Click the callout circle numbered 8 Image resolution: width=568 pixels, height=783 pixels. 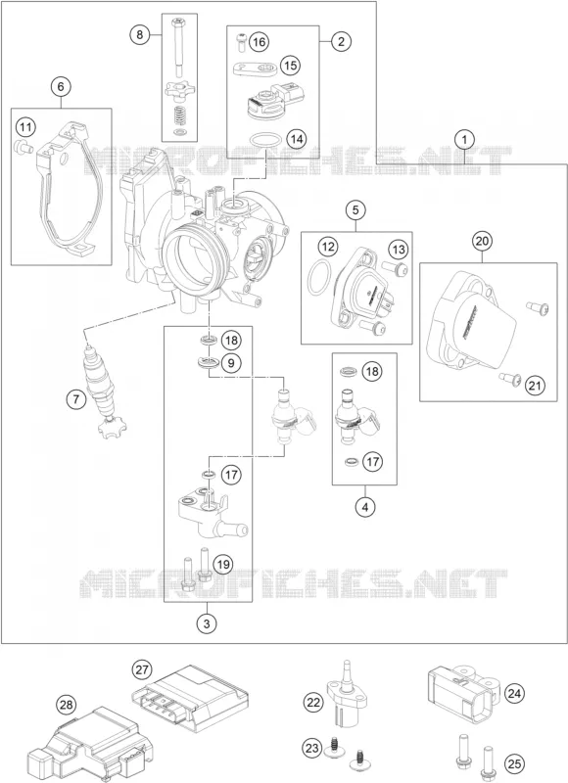click(x=140, y=34)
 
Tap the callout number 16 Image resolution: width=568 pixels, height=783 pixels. click(x=259, y=41)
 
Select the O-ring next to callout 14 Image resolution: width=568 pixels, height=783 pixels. click(x=263, y=140)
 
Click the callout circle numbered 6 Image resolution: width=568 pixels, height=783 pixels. click(x=61, y=87)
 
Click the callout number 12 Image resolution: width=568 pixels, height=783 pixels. click(x=328, y=247)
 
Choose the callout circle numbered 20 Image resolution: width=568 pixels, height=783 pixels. click(x=482, y=242)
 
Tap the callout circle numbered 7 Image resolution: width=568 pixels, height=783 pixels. click(x=76, y=399)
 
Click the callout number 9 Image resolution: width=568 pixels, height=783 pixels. click(x=231, y=362)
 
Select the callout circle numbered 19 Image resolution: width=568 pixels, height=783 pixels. click(x=223, y=565)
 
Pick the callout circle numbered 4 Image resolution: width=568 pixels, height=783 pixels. click(x=365, y=507)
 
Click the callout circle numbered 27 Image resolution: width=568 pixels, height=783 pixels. click(x=142, y=669)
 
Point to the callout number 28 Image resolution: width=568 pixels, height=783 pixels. click(x=66, y=705)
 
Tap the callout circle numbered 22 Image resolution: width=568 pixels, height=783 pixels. click(x=313, y=703)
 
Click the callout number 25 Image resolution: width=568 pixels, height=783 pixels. click(x=514, y=763)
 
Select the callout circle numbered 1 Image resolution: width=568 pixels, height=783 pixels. click(x=465, y=139)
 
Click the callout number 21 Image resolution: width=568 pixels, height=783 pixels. click(x=535, y=386)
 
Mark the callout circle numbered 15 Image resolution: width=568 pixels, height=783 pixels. click(x=291, y=66)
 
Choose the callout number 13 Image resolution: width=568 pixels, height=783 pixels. click(x=399, y=249)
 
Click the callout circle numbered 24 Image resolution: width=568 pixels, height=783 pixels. click(x=514, y=693)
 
